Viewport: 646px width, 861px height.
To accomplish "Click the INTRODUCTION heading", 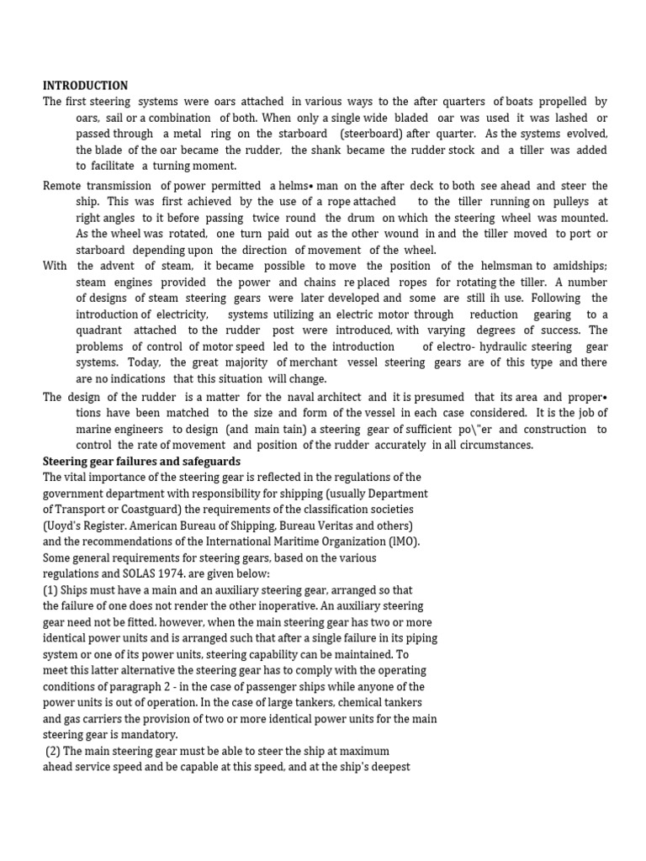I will [x=86, y=86].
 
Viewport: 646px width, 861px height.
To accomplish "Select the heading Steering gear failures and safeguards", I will [x=141, y=462].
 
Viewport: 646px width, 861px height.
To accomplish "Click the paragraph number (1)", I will [x=50, y=590].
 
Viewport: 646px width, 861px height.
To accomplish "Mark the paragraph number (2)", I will [x=54, y=751].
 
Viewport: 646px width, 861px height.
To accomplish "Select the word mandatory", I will [x=125, y=734].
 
